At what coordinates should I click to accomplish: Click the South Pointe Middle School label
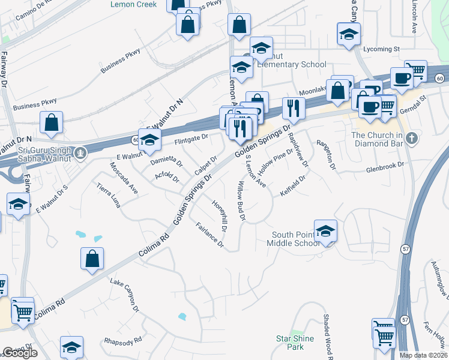pyautogui.click(x=295, y=239)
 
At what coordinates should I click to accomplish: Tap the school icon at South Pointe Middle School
pyautogui.click(x=325, y=231)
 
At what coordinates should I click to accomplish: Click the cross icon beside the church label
pyautogui.click(x=411, y=139)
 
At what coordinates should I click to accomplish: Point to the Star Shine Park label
pyautogui.click(x=295, y=343)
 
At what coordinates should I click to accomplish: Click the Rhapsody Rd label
pyautogui.click(x=122, y=340)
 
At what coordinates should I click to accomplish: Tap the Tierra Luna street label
pyautogui.click(x=109, y=196)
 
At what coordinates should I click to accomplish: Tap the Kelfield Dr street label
pyautogui.click(x=293, y=185)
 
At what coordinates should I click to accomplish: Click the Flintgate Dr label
pyautogui.click(x=191, y=138)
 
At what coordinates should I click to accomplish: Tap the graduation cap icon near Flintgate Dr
pyautogui.click(x=150, y=140)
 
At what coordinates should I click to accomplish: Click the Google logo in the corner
pyautogui.click(x=19, y=353)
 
